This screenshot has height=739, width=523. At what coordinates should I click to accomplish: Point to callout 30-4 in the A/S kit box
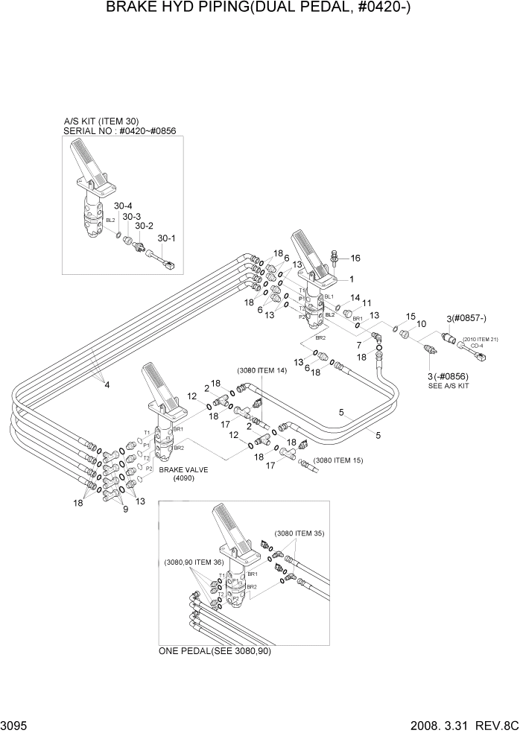pyautogui.click(x=122, y=206)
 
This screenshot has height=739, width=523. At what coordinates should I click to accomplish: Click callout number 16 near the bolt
pyautogui.click(x=355, y=259)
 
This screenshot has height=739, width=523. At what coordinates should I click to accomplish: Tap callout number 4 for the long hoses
pyautogui.click(x=107, y=384)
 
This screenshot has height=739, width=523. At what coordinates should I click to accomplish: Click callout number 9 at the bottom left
pyautogui.click(x=126, y=509)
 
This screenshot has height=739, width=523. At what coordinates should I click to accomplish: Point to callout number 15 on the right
pyautogui.click(x=411, y=317)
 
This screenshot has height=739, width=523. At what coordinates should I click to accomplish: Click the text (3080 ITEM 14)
pyautogui.click(x=261, y=370)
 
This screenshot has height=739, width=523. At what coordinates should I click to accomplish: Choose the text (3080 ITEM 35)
pyautogui.click(x=299, y=533)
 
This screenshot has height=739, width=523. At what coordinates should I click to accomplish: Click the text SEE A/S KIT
pyautogui.click(x=448, y=387)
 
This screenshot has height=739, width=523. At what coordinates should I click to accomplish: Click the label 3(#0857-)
pyautogui.click(x=466, y=319)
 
